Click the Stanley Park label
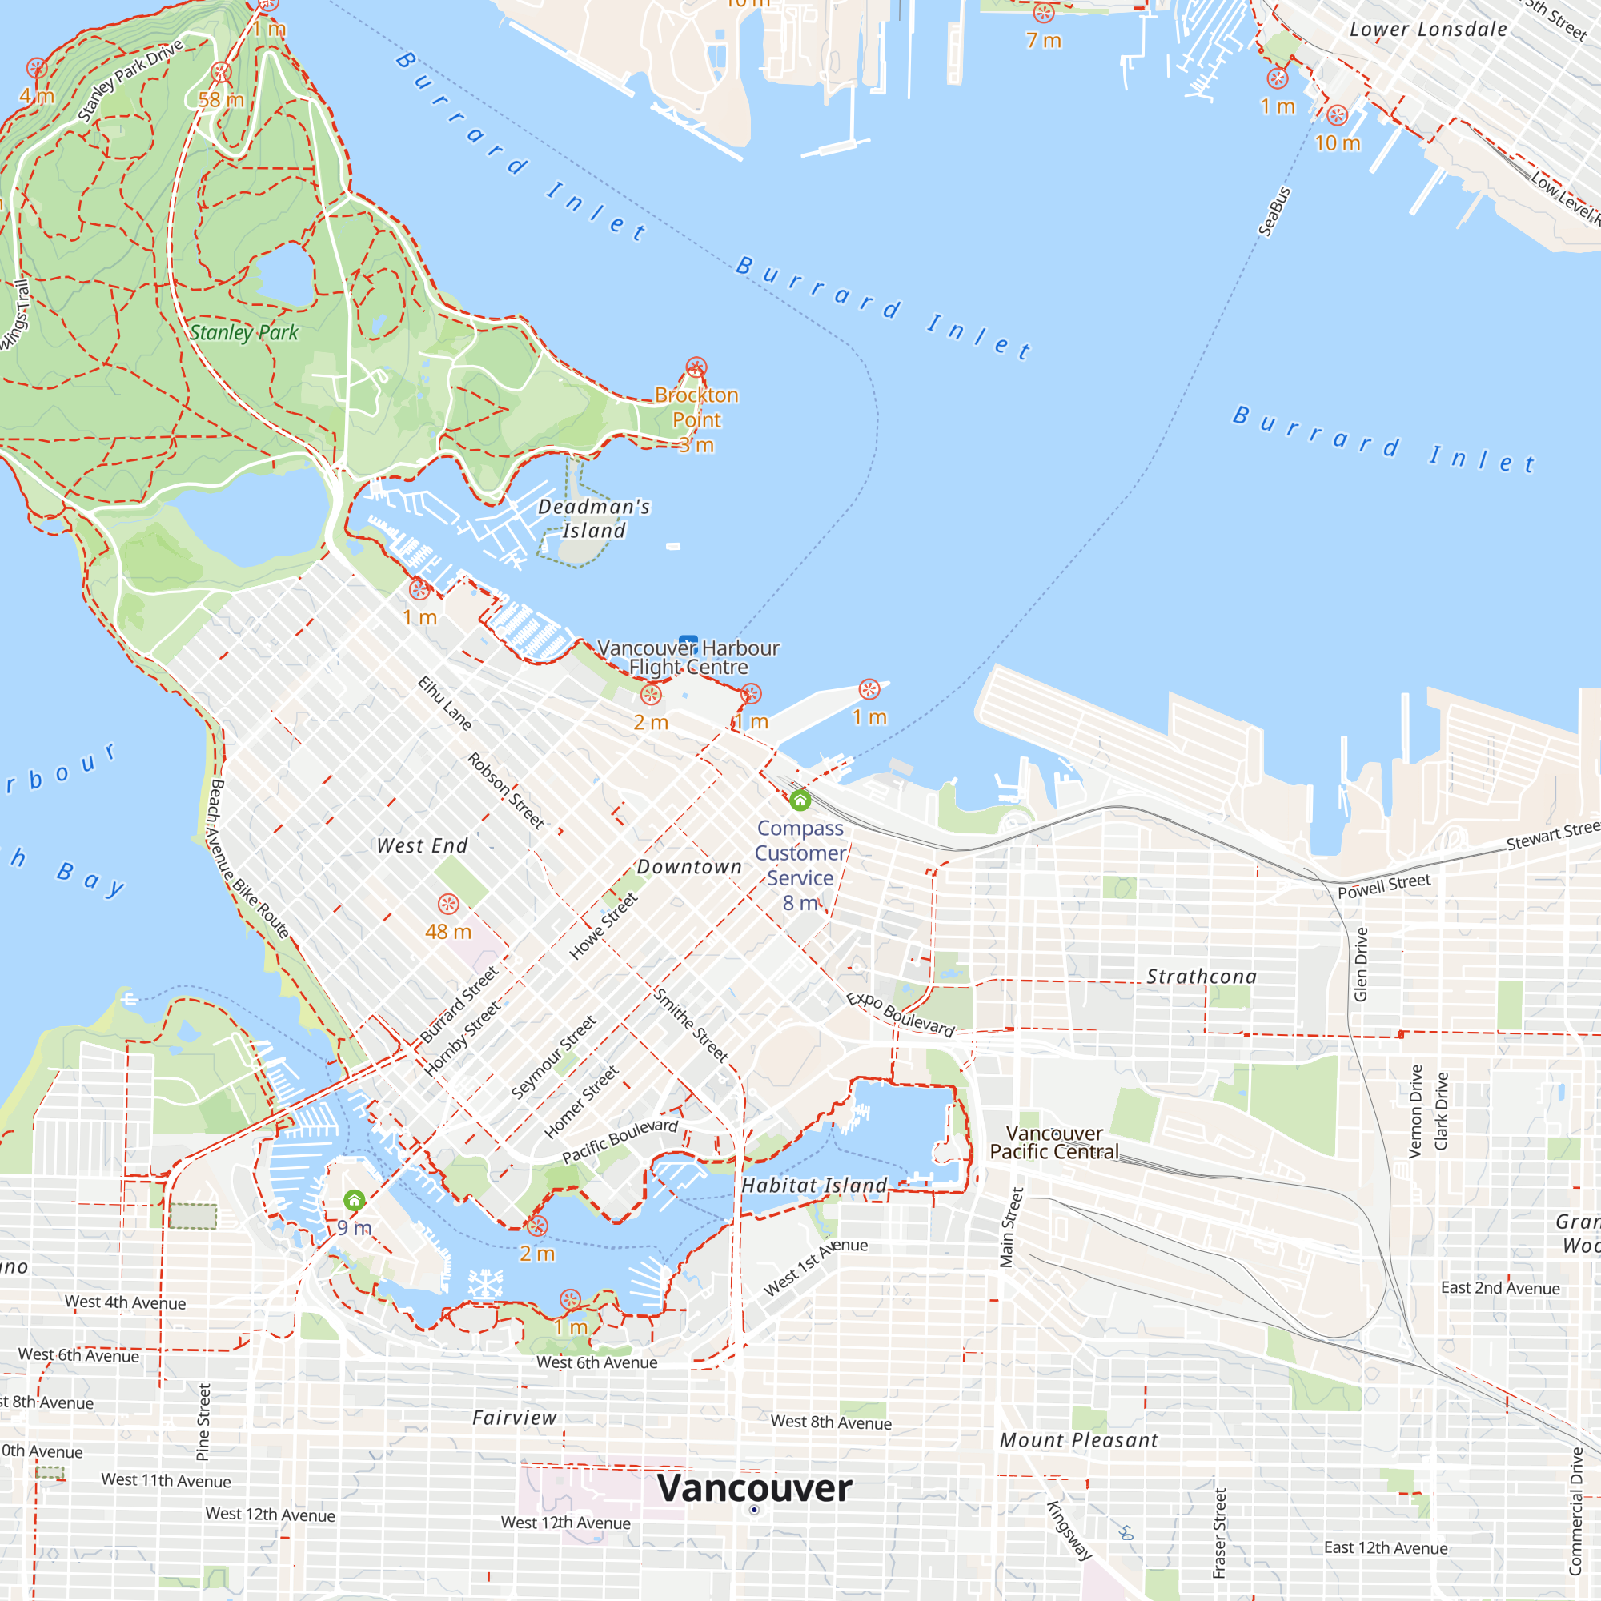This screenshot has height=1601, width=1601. pos(243,332)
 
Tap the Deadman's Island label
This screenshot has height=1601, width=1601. pos(593,518)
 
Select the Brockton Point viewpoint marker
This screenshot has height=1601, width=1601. pos(696,367)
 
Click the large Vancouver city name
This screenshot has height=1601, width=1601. pos(754,1488)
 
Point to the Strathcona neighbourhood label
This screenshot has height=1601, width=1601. pos(1201,977)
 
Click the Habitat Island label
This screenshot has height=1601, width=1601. pos(814,1186)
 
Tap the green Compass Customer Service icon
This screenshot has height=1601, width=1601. pos(800,800)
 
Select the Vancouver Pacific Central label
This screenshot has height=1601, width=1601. pos(1053,1143)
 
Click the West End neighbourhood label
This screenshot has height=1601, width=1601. pos(422,846)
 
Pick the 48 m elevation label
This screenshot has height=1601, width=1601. pos(448,933)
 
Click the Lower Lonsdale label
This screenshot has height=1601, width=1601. pos(1428,30)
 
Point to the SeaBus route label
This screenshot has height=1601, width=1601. pos(1274,212)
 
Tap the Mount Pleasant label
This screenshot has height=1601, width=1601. pos(1078,1441)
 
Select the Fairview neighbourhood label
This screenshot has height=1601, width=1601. pos(515,1418)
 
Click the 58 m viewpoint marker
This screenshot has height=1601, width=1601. pos(220,72)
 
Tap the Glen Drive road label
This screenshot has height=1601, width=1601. pos(1360,965)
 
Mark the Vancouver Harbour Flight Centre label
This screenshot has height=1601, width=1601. pos(688,658)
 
